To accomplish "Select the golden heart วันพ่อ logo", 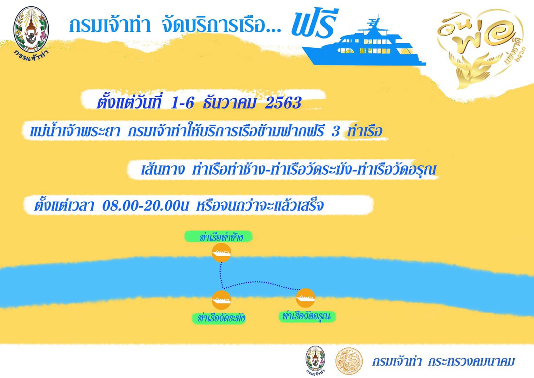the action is tap(479, 48).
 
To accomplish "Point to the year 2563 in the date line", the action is tap(283, 103).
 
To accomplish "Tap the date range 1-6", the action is tap(182, 103).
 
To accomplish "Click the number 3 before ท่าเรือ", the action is tap(335, 131).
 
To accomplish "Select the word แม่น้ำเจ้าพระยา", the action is tap(75, 131).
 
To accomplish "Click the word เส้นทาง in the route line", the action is tap(163, 169).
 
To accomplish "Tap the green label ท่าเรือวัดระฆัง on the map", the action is tap(219, 318).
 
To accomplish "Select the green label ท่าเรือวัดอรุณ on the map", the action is tap(307, 316).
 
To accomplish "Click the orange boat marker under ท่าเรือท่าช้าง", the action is tap(221, 253).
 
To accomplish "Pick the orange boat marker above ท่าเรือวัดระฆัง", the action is tap(221, 300).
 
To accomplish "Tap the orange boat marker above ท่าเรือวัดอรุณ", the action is tap(305, 298).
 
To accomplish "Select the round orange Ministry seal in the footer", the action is tap(349, 361).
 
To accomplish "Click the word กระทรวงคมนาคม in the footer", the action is tap(471, 361).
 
